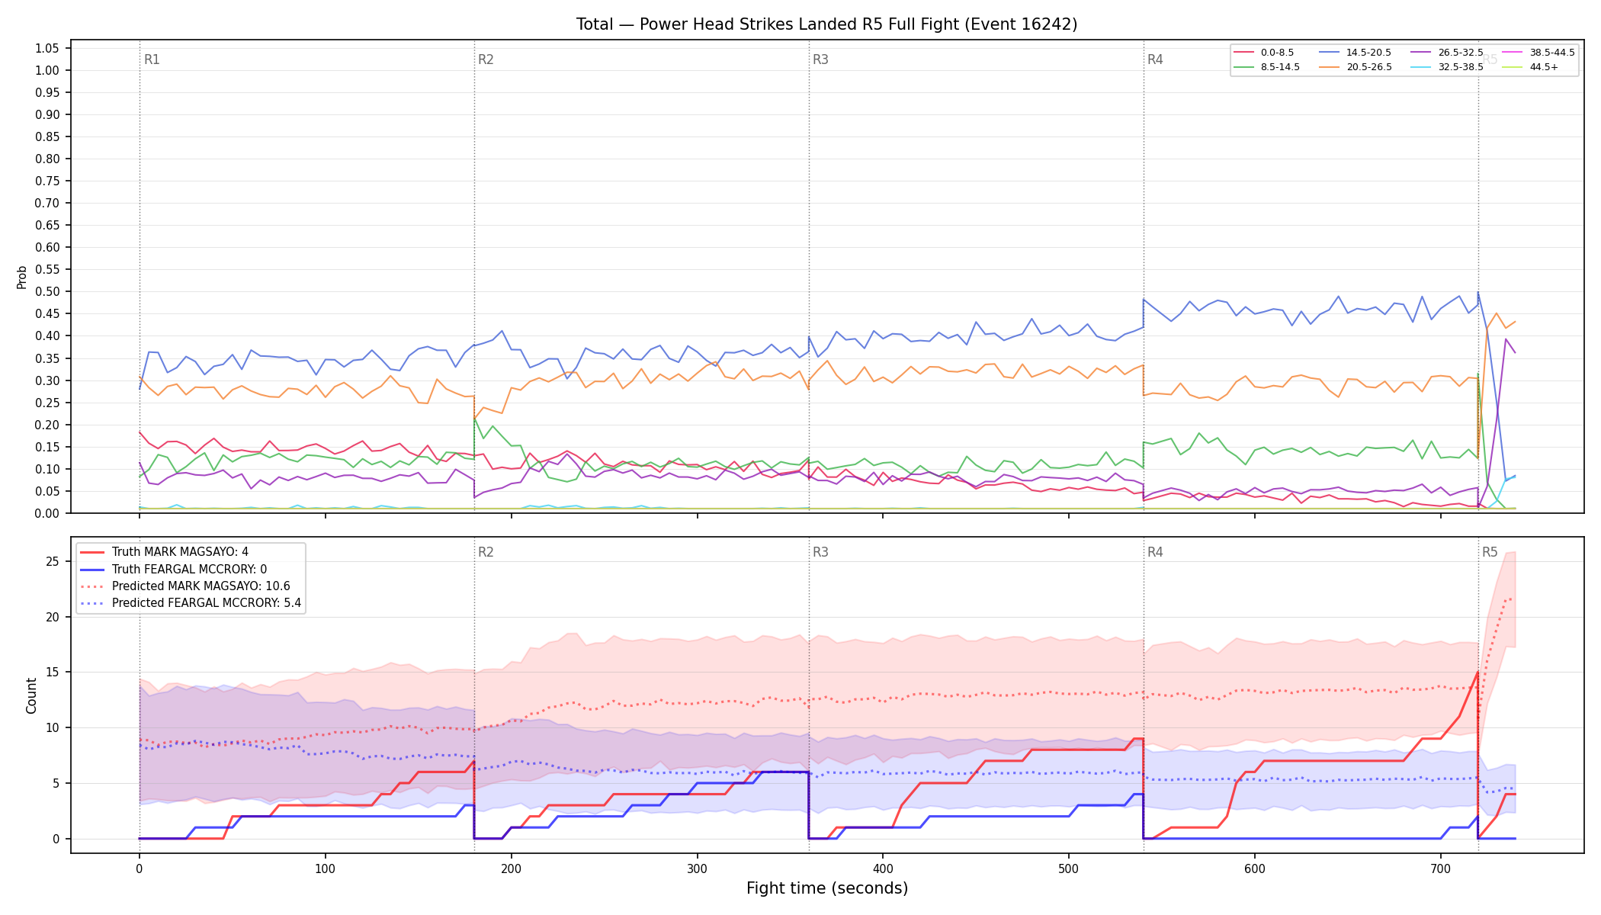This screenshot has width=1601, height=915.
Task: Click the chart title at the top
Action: point(826,24)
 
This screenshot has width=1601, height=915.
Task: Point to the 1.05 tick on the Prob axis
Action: point(47,48)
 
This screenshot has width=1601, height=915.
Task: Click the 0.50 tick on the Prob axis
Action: point(47,291)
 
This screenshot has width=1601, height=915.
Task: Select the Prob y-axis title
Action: point(21,277)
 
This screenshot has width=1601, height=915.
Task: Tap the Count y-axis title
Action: point(31,695)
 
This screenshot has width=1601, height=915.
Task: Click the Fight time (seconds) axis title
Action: point(827,888)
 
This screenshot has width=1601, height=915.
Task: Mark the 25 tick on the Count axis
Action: point(53,561)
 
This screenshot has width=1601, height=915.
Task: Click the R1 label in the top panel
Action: point(152,59)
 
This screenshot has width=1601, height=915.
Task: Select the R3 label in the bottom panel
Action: point(820,552)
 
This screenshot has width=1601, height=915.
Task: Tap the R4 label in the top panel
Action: point(1155,59)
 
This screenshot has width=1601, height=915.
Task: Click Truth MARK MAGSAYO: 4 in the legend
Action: point(180,552)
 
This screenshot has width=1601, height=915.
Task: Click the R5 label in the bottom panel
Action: point(1490,552)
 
